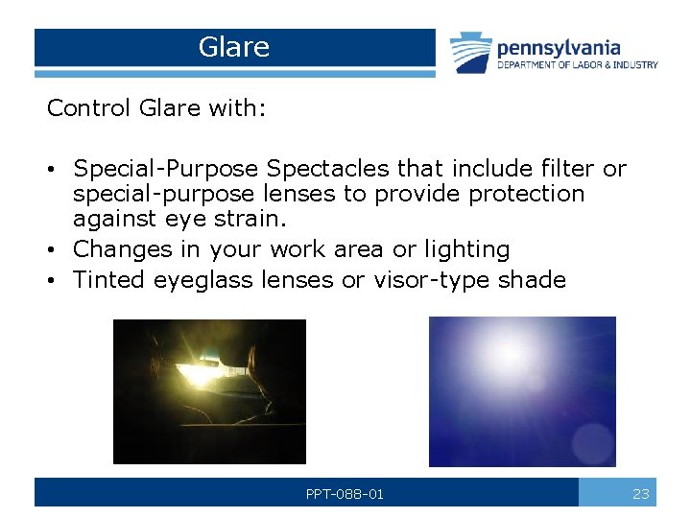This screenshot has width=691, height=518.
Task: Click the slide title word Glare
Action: tap(234, 47)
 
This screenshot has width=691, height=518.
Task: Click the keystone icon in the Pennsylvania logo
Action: tap(471, 53)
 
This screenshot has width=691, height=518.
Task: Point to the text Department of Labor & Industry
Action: tap(577, 65)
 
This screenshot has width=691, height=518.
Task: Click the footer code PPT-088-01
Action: tap(345, 494)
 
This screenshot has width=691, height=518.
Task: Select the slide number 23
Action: tap(641, 494)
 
